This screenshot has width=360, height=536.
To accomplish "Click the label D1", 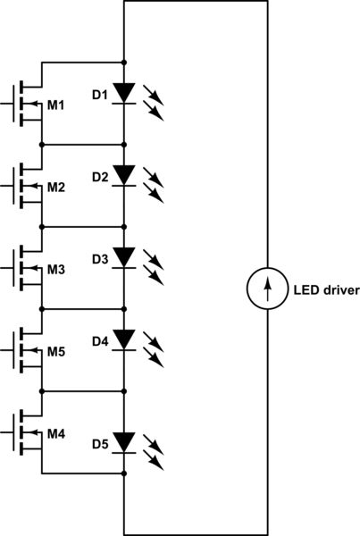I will pos(99,94).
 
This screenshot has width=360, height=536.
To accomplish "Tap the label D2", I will pos(99,177).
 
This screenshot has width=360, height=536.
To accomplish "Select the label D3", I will pos(99,259).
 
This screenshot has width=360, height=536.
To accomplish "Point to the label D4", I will pos(99,341).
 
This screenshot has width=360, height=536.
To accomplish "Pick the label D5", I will pos(99,444).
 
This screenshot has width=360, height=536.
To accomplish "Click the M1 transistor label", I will pos(55,105).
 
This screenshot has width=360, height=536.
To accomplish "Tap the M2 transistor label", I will pos(55,188).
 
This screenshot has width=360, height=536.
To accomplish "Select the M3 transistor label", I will pos(55,270).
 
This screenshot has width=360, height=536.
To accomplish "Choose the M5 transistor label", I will pos(55,352).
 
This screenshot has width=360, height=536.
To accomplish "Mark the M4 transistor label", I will pos(55,434).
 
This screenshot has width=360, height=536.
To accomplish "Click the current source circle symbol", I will pos(266,289).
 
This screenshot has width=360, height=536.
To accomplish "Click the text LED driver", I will pos(326,289).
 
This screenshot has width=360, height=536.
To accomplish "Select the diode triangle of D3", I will pos(124,257).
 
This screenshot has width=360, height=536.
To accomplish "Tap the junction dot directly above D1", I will pos(124,62).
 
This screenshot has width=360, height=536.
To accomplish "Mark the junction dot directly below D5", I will pos(124,473).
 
